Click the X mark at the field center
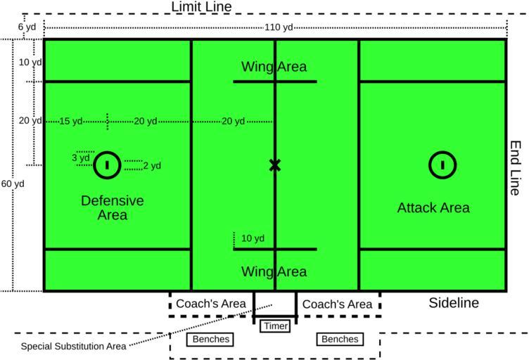(274, 165)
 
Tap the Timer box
(274, 326)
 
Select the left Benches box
(210, 340)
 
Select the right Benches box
(340, 340)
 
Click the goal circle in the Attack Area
(442, 165)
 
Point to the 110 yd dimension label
(275, 27)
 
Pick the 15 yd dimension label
(71, 121)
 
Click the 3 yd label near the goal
(81, 158)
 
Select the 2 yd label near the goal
(152, 166)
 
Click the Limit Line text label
(201, 7)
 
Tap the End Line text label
(516, 167)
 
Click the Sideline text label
(454, 303)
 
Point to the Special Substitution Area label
(73, 346)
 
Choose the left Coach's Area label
(210, 304)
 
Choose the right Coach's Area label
(337, 304)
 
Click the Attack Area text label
(433, 208)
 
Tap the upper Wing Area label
(274, 67)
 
